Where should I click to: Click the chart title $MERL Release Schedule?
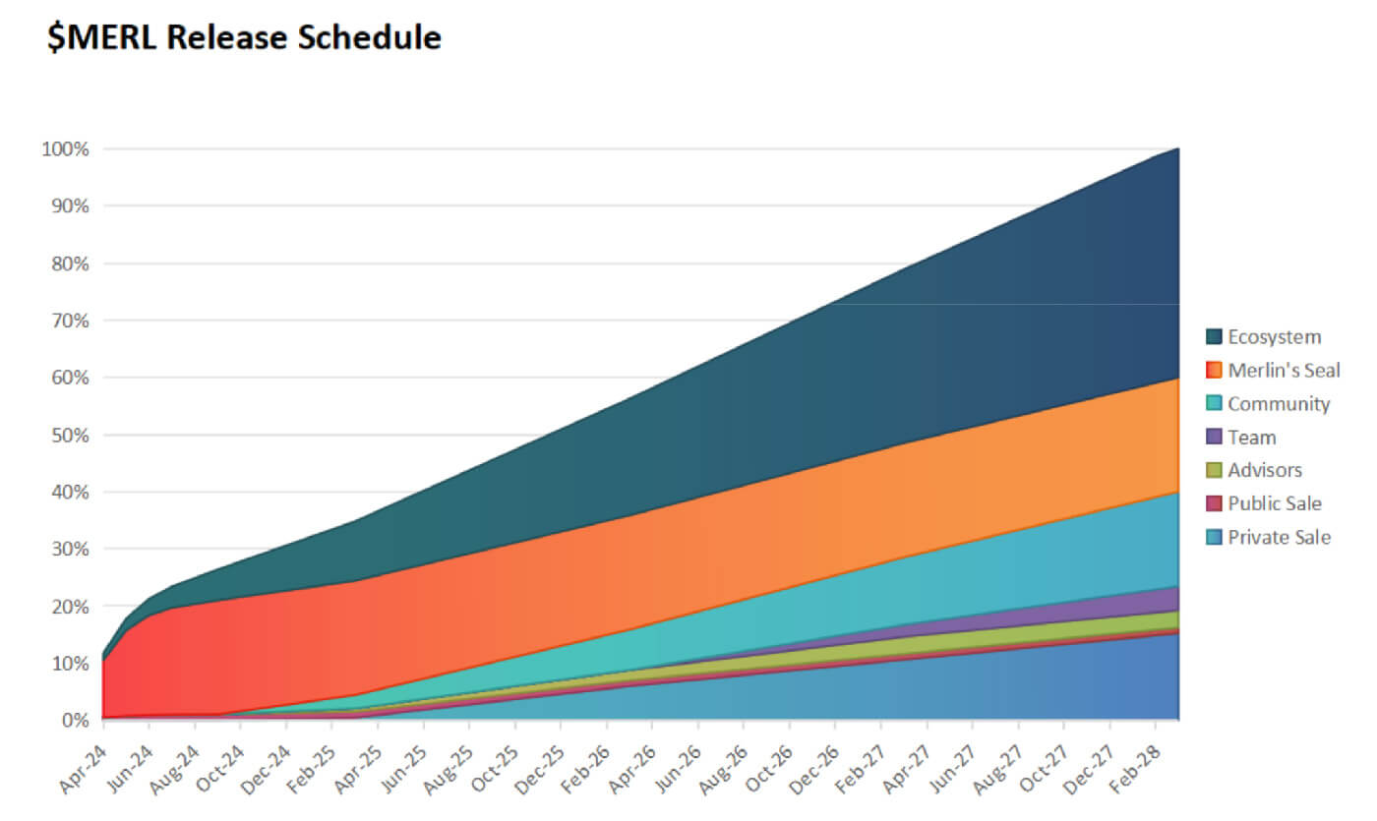pos(244,37)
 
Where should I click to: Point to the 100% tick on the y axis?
pos(65,149)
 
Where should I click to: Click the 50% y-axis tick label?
pos(69,435)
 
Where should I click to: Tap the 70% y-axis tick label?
pos(69,321)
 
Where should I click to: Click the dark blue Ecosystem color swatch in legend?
pos(1214,337)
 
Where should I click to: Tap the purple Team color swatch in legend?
pos(1214,438)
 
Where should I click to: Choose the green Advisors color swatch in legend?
pos(1214,470)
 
